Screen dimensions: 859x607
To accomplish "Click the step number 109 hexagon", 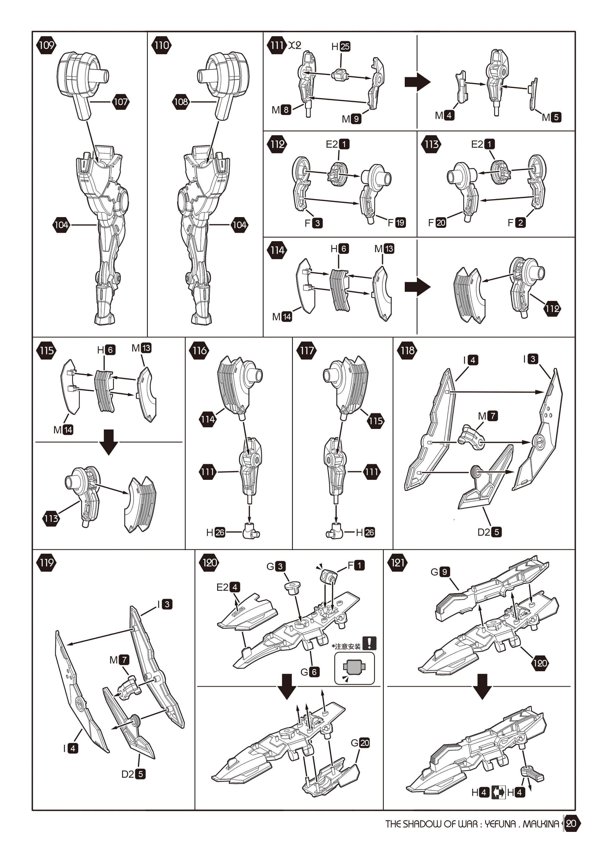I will click(46, 45).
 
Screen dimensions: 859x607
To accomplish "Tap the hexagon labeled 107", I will click(120, 102).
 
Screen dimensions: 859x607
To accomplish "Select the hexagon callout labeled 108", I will click(181, 102).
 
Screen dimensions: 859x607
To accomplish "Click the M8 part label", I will click(281, 110).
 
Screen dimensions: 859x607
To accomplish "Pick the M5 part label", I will click(552, 117).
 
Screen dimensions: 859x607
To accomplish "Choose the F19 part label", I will click(396, 223).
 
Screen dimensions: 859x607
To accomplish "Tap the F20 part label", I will click(437, 223).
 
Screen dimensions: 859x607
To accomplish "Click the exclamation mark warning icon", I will click(369, 643).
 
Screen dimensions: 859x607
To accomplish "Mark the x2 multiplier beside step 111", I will click(295, 45).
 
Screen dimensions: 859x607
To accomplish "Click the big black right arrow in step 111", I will click(417, 82).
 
